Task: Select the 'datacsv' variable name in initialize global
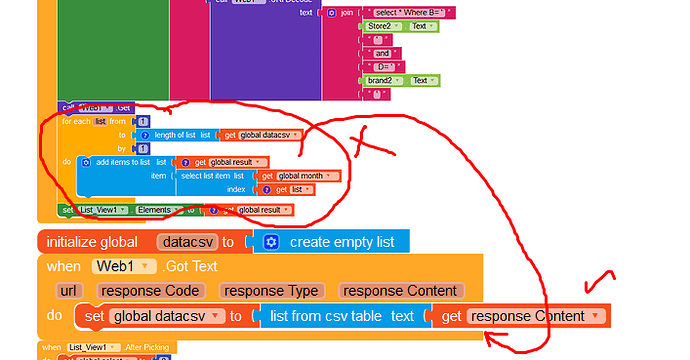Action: tap(188, 242)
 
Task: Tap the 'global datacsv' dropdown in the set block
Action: tap(167, 316)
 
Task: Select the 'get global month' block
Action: tap(296, 175)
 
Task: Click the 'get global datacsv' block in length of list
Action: tap(262, 134)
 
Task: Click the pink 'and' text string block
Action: tap(382, 53)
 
